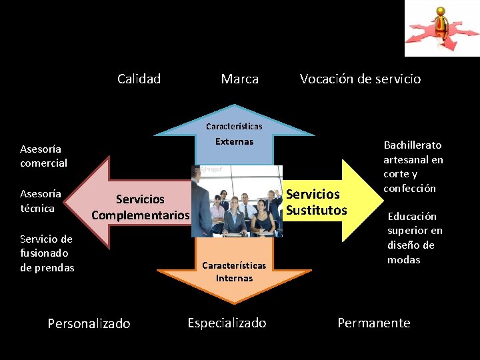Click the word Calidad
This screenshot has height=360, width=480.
tap(139, 79)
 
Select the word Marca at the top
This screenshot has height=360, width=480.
tap(239, 79)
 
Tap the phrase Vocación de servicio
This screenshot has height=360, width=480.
tap(360, 79)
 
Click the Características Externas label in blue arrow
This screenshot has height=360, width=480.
tap(234, 133)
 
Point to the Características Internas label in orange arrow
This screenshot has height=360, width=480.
tap(234, 271)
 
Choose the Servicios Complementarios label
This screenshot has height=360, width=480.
tap(141, 207)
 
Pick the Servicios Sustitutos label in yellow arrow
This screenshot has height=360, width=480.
tap(316, 202)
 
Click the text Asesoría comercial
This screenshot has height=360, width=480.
tap(43, 156)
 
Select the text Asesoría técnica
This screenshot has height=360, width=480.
tap(40, 201)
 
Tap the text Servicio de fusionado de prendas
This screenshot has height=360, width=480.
tap(47, 253)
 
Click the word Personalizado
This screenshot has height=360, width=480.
tap(89, 324)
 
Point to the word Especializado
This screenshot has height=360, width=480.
tap(227, 323)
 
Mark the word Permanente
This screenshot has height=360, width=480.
tap(373, 323)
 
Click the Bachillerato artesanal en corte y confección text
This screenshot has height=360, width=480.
tap(413, 167)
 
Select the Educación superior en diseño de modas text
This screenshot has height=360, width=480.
tap(414, 238)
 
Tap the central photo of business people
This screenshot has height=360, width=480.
tap(237, 201)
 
